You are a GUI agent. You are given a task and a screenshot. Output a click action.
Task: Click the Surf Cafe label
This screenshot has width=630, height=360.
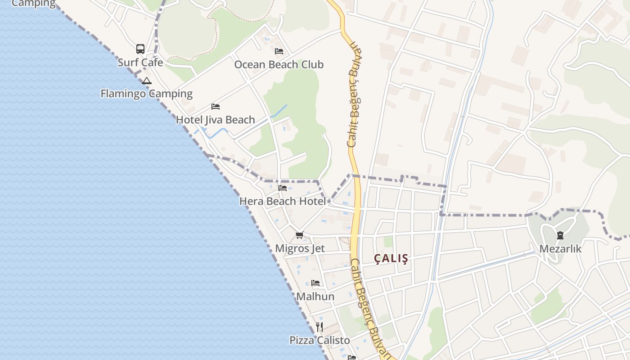tap(140, 63)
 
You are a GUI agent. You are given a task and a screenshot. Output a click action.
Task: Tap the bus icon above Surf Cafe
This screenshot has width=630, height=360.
tap(140, 49)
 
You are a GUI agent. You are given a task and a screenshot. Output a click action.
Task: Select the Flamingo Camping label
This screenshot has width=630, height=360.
tap(146, 94)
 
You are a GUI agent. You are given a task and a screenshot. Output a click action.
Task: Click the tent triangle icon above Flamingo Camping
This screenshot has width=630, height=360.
tap(146, 81)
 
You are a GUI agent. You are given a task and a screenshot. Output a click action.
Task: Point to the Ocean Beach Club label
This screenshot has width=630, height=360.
tap(279, 64)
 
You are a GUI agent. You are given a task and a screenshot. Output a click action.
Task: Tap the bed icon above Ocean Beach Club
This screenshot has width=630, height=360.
tap(279, 51)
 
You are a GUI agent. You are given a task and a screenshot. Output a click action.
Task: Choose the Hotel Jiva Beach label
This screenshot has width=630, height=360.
tap(215, 120)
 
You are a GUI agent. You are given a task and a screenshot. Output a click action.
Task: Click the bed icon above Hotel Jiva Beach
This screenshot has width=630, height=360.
tap(216, 107)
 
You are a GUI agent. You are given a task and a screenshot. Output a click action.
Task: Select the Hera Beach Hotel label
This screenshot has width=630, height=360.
tap(282, 201)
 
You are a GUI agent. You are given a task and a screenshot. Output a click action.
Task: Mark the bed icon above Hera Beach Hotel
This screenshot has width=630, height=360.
tap(283, 188)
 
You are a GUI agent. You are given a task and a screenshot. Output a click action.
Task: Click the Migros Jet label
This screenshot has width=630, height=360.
tap(300, 248)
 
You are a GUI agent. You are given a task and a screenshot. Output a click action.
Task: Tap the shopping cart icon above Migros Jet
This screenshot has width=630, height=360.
tap(300, 235)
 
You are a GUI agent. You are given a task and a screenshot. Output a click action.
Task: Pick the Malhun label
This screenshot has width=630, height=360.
tap(315, 297)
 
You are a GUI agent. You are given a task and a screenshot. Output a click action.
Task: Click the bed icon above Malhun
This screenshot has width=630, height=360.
tap(315, 283)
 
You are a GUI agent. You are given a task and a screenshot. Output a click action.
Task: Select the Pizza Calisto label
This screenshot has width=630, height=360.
tap(319, 340)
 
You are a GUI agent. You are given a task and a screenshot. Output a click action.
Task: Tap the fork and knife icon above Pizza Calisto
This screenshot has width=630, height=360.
tap(319, 327)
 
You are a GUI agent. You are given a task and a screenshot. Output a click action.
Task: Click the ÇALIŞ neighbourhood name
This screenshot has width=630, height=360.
tap(391, 258)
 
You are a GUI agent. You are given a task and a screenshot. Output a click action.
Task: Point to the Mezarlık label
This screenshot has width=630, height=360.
tap(560, 249)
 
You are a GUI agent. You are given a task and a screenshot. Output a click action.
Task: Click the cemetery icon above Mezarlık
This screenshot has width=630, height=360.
tap(560, 235)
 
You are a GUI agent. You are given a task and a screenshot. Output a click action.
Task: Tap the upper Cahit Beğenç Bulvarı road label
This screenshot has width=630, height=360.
tap(355, 94)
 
